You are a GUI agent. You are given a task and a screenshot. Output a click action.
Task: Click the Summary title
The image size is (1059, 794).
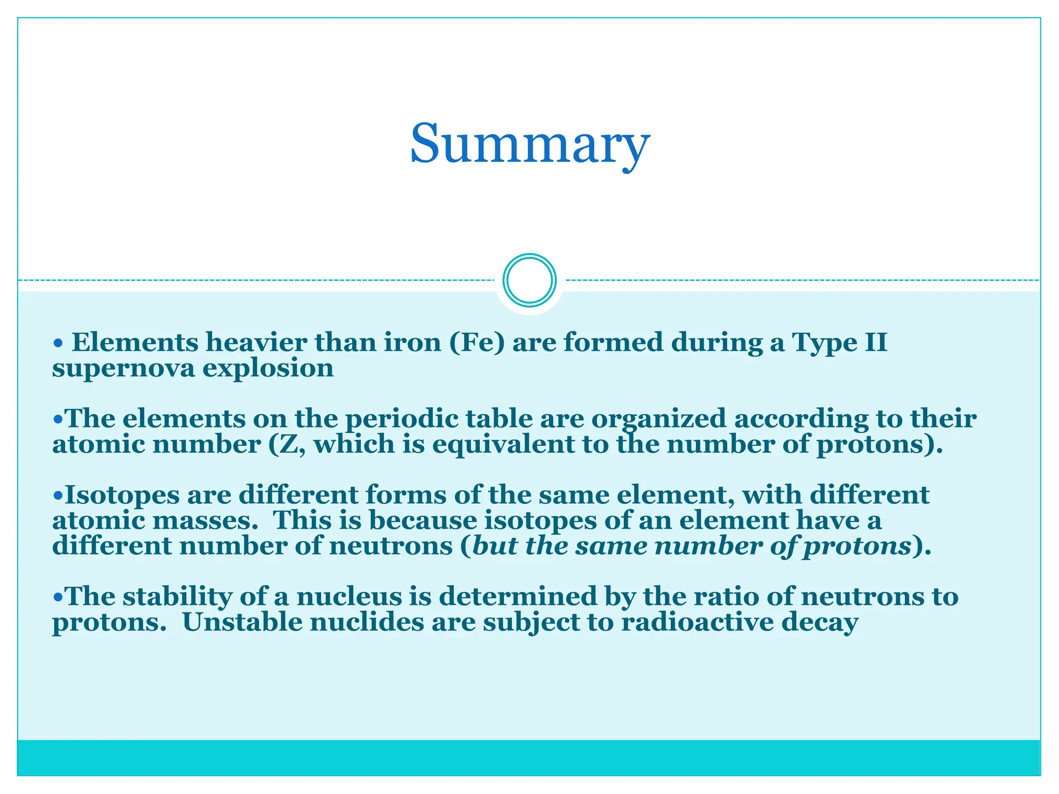(529, 143)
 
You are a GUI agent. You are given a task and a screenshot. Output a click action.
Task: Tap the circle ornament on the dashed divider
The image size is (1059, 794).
(529, 280)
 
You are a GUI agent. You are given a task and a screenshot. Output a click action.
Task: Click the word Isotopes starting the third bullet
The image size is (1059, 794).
(122, 495)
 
